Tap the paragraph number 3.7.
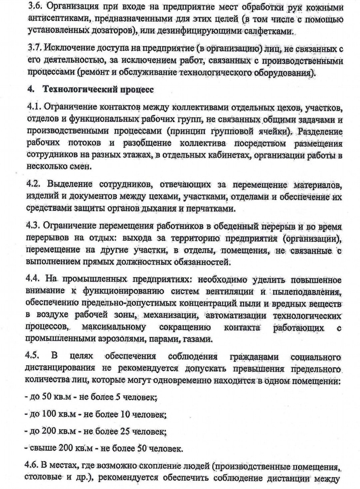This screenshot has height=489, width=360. coord(35,49)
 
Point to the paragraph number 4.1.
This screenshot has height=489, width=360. coord(34,109)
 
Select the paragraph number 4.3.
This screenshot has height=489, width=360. coord(35,226)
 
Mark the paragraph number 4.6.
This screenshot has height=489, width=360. coord(34,465)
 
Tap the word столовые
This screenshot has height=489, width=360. coord(47,478)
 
